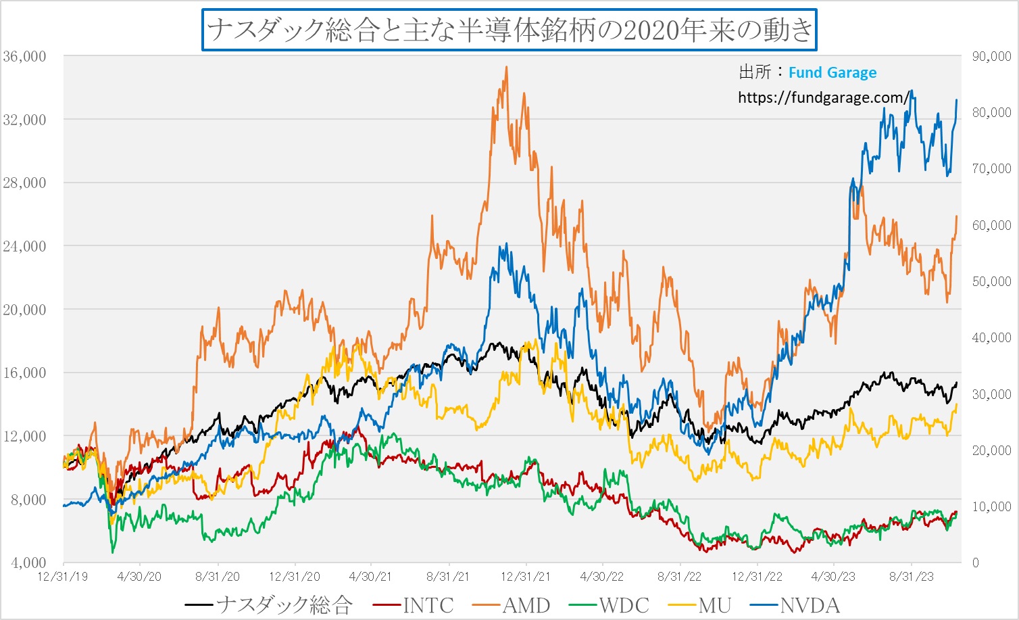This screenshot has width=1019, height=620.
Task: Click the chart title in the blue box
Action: point(509,30)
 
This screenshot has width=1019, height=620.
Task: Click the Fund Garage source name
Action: point(832,72)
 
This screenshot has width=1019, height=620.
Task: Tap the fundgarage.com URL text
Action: point(824,97)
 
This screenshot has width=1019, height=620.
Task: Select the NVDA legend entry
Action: point(809,605)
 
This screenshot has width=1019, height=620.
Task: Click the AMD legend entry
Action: point(526,605)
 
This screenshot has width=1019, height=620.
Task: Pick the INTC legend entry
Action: point(428,605)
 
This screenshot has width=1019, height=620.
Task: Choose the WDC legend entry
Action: point(623,605)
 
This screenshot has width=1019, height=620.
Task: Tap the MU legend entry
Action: point(715,605)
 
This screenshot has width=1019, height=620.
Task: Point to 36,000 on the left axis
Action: point(25,56)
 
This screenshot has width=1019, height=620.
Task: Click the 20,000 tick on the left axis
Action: point(25,310)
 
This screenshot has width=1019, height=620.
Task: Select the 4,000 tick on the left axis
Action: point(28,563)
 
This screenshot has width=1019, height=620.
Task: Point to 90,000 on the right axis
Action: point(991,56)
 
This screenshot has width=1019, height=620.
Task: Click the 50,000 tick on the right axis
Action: point(991,281)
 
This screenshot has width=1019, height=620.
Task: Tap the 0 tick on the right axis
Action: point(976,563)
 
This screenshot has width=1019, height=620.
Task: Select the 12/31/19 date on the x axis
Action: point(63,577)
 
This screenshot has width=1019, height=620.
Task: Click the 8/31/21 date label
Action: point(448,577)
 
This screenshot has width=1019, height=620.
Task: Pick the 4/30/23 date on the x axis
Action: point(832,577)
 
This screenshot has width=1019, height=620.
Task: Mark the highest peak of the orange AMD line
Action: point(506,67)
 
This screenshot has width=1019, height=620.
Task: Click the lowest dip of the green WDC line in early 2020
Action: point(113,552)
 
